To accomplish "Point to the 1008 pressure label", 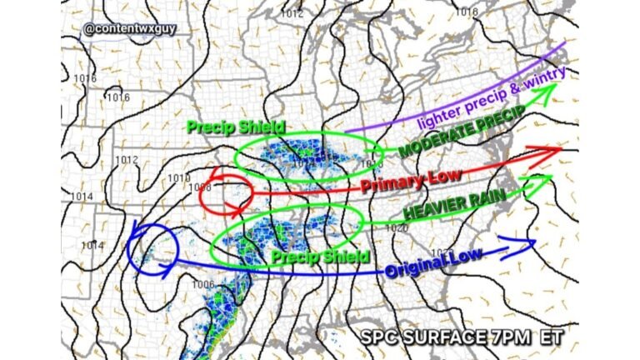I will click(200, 187).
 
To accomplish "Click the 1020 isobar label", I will click(396, 227).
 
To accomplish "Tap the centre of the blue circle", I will click(152, 246).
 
